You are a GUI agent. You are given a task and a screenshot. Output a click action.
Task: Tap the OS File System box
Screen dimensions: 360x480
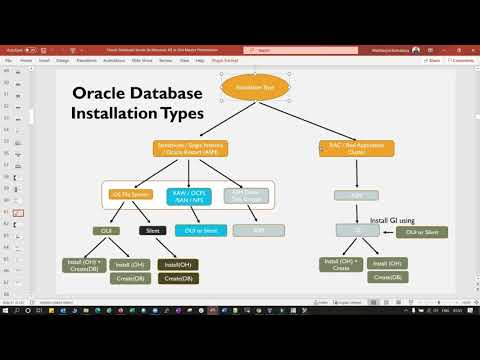coord(130,194)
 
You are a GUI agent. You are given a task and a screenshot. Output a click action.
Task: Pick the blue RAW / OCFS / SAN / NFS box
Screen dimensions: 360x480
coord(188,194)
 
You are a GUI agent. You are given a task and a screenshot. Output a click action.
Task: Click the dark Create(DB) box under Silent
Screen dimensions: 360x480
coord(178,278)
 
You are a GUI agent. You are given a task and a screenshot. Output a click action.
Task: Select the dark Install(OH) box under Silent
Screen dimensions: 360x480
coord(178,264)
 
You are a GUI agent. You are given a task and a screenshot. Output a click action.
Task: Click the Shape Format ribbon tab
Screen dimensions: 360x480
coord(225,60)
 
